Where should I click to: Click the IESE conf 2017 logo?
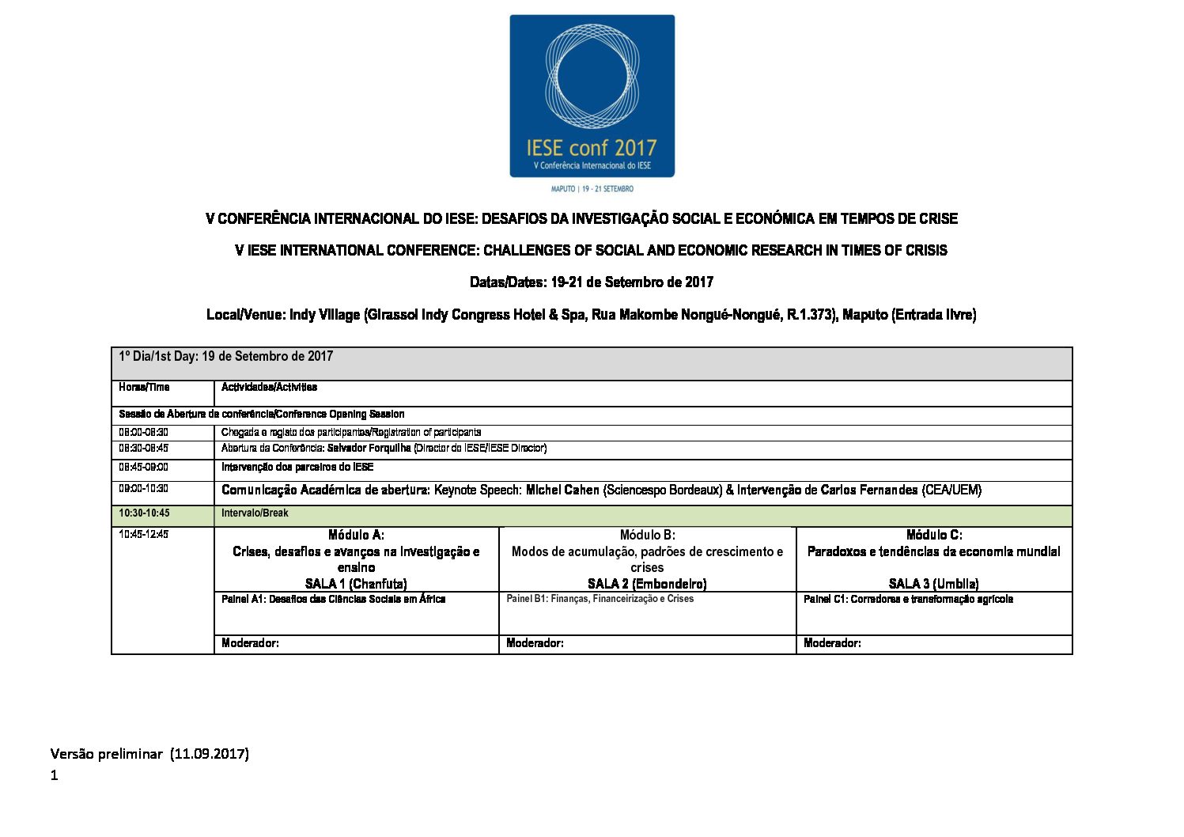tap(592, 96)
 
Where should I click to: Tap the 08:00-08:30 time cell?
tap(144, 433)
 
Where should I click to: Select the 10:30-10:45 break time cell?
tap(144, 513)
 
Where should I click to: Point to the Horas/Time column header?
tap(144, 388)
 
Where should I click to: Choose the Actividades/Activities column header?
tap(269, 388)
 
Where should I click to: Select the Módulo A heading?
tap(356, 536)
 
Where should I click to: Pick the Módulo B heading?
tap(647, 536)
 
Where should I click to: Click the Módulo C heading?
tap(934, 536)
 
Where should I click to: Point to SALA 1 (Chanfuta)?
tap(356, 584)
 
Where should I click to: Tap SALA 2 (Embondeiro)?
tap(647, 584)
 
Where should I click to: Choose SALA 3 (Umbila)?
tap(934, 584)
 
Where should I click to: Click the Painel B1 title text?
tap(600, 599)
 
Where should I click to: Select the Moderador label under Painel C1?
tap(832, 643)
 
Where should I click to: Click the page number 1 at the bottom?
tap(55, 776)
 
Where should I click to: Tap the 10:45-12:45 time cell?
tap(144, 535)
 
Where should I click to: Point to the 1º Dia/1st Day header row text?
tap(225, 357)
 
